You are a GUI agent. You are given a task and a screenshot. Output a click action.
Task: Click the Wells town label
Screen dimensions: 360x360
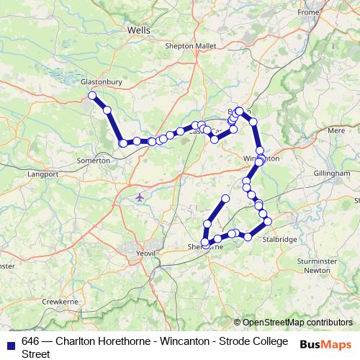[138, 31]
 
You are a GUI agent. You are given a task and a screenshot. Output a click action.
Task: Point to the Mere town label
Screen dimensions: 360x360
[336, 131]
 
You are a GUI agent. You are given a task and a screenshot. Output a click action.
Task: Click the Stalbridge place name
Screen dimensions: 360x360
[279, 239]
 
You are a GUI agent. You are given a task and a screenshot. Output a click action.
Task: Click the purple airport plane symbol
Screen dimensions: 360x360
[140, 196]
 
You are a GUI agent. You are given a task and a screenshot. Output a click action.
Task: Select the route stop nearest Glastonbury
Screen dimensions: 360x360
[92, 96]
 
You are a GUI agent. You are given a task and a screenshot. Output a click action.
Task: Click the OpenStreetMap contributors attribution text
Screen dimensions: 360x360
[297, 323]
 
